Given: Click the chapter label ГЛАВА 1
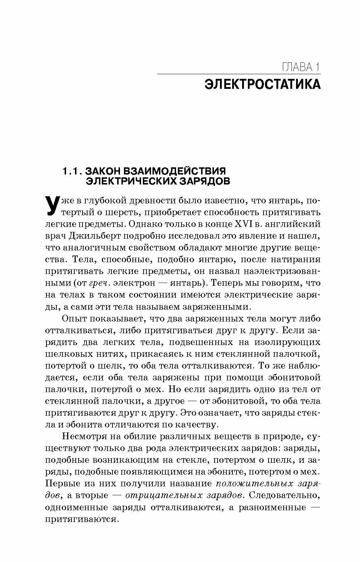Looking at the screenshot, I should [x=301, y=67].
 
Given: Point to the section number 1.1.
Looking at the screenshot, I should [x=73, y=171].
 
